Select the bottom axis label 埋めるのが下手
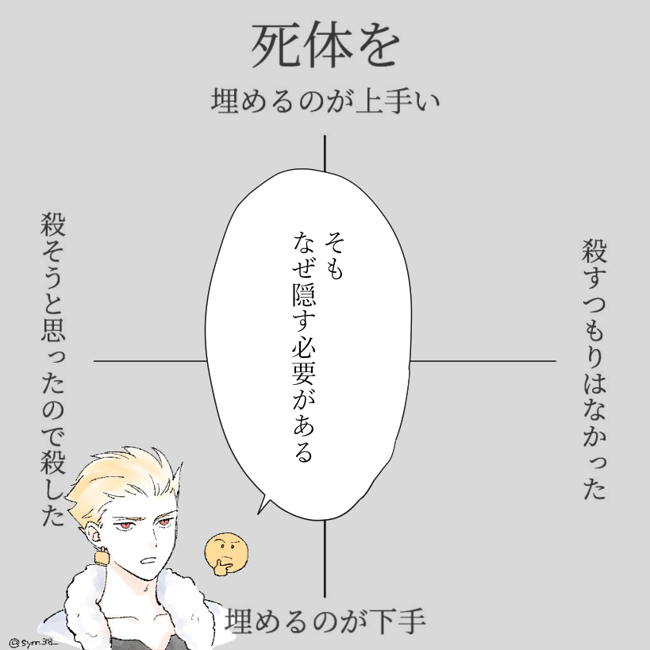point(326,621)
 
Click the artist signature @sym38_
point(36,639)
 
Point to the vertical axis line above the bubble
point(325,152)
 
